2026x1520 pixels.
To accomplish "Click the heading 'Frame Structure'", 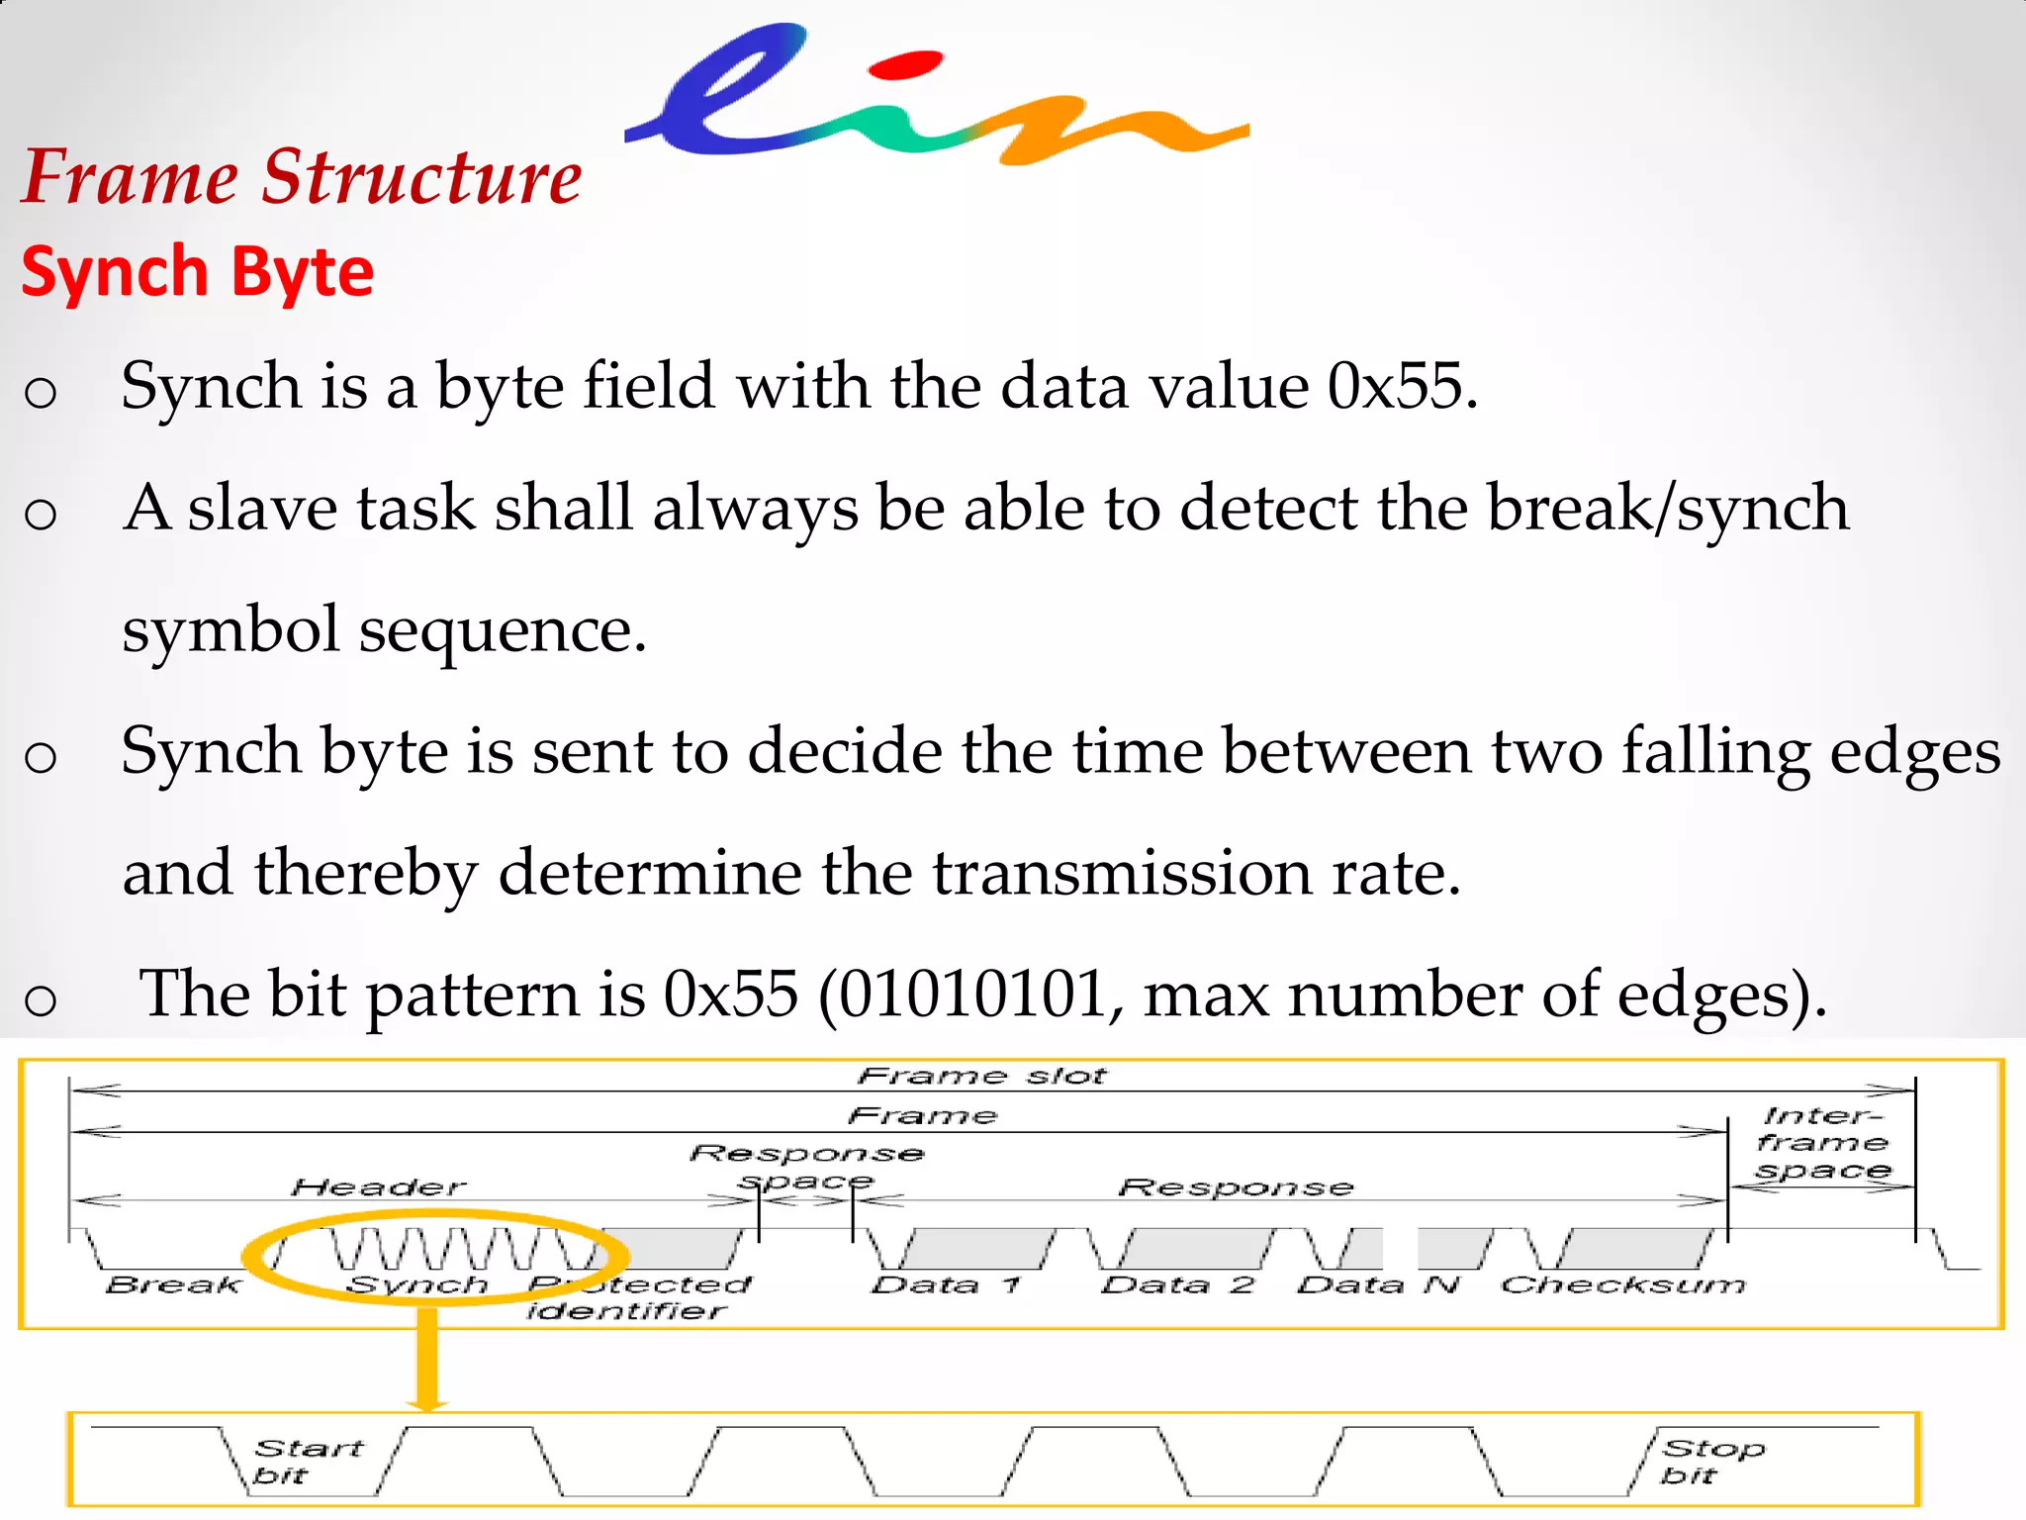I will tap(302, 177).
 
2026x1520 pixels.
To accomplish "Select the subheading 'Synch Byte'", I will tap(198, 272).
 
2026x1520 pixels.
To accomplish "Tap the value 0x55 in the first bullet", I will tap(1395, 386).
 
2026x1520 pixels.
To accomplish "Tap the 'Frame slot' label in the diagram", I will tap(981, 1076).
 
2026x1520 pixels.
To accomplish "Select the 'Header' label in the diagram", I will tap(379, 1187).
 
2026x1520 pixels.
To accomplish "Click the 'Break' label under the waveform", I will tap(174, 1284).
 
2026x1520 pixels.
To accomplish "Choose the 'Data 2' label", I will tap(1178, 1284).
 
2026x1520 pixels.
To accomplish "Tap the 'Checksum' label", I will tap(1623, 1284).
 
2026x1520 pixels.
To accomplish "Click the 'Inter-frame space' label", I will tap(1822, 1143).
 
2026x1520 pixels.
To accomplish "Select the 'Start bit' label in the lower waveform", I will tap(308, 1462).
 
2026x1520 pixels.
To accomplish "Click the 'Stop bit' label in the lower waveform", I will tap(1711, 1462).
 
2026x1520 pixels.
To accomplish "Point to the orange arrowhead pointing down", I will tap(427, 1402).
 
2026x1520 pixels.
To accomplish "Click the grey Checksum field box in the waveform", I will tap(1637, 1249).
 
